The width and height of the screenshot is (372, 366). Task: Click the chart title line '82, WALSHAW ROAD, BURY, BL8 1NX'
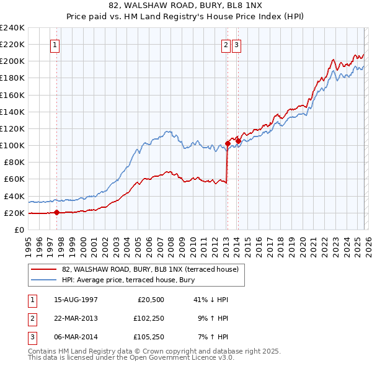[x=185, y=6]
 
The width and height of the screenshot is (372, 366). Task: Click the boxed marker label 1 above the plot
[x=55, y=45]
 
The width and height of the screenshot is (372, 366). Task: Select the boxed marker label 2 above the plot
[x=226, y=45]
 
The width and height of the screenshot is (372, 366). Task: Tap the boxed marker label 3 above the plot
[x=237, y=45]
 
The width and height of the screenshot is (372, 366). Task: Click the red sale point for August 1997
[x=56, y=212]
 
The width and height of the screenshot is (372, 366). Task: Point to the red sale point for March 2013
[x=228, y=144]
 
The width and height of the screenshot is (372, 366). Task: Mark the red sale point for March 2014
[x=238, y=141]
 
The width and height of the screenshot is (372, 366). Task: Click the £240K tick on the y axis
[x=12, y=28]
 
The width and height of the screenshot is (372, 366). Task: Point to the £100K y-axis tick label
[x=12, y=145]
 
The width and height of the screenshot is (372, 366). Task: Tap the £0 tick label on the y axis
[x=20, y=230]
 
